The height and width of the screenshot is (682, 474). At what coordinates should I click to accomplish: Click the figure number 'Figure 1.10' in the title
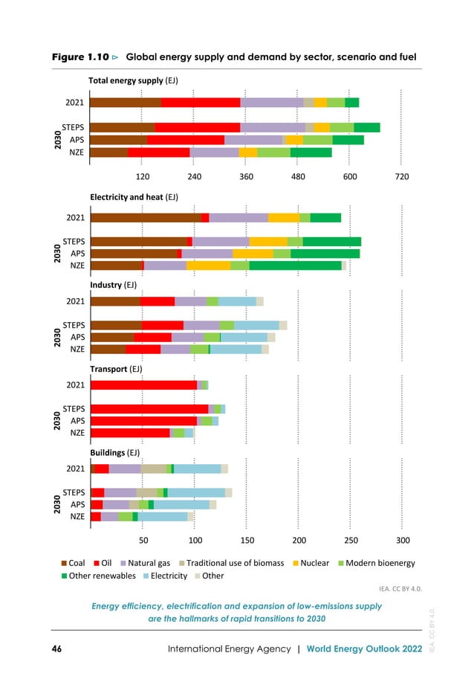[80, 57]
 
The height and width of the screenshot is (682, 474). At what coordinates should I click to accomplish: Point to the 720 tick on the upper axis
[402, 177]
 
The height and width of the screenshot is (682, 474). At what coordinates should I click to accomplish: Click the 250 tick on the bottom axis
[350, 540]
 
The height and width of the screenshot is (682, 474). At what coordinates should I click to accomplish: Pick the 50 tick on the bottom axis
[143, 540]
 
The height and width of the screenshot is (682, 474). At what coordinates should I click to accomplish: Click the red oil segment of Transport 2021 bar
[143, 385]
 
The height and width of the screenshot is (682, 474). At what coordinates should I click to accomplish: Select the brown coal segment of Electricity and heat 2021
[145, 218]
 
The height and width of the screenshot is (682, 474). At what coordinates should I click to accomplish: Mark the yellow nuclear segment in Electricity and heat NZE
[208, 266]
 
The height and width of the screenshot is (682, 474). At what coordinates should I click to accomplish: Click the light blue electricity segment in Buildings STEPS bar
[196, 492]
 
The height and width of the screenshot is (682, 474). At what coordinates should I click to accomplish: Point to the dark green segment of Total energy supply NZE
[311, 152]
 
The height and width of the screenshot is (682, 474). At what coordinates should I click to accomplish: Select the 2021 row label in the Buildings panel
[74, 469]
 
